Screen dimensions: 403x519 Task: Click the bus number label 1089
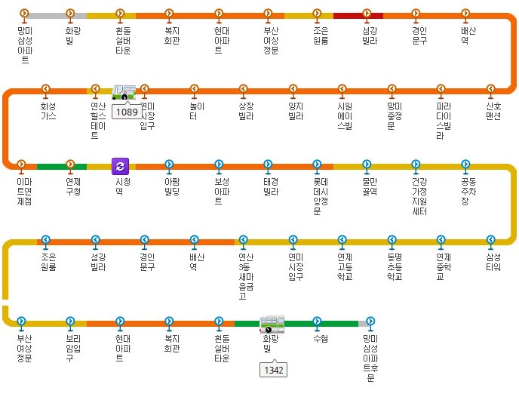pos(127,112)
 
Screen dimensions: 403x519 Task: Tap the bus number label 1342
pos(272,370)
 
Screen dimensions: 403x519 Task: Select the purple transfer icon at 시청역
pos(121,166)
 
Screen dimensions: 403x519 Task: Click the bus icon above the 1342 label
pos(272,325)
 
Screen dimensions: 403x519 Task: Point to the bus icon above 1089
pos(124,92)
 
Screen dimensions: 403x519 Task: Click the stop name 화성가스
pos(48,112)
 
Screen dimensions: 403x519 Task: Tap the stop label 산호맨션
pos(493,112)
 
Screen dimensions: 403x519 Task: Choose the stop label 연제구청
pos(73,187)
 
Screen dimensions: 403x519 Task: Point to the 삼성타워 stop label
pos(493,263)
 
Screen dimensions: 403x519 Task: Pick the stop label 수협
pos(321,339)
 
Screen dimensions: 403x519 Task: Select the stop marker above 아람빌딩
pos(168,164)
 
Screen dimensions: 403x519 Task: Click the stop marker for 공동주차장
pos(465,164)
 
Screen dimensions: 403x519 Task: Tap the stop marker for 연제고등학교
pos(342,240)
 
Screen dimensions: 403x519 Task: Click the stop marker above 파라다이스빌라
pos(441,89)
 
